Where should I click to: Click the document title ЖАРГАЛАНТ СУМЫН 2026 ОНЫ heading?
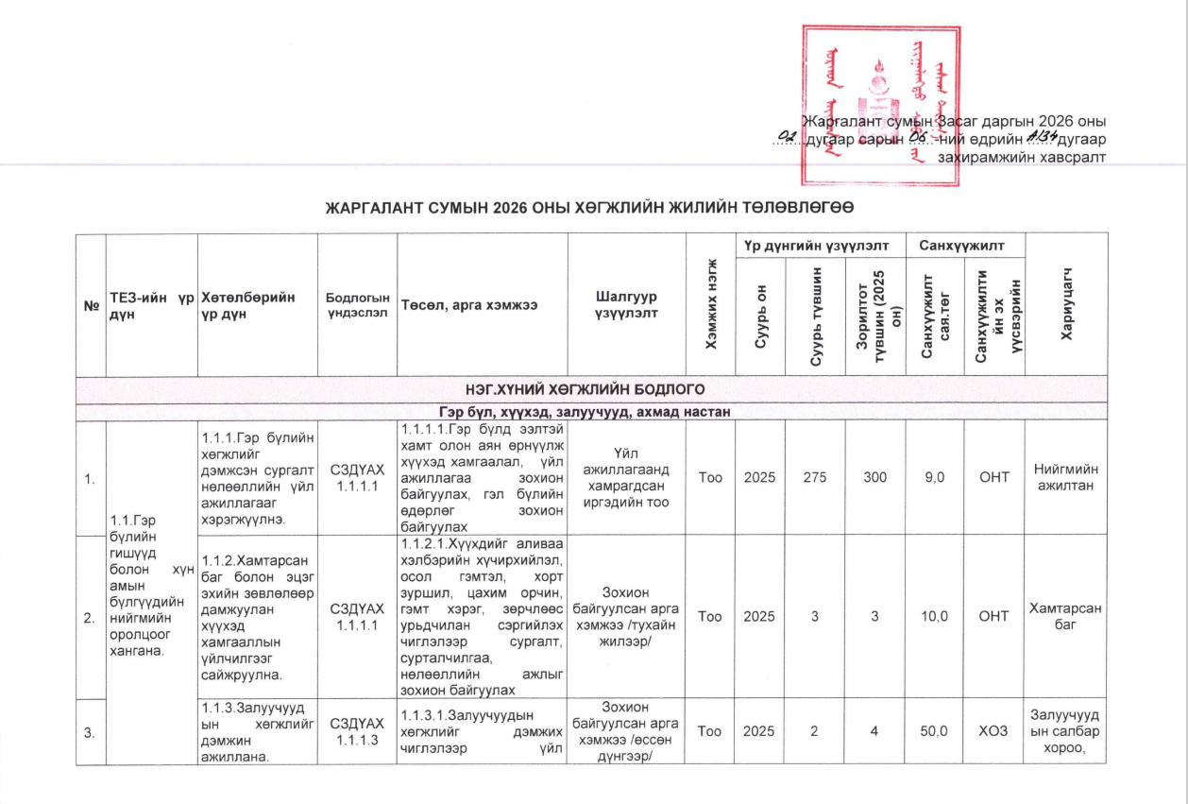coord(592,207)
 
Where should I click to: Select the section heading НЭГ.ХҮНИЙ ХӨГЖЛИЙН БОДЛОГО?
coord(593,387)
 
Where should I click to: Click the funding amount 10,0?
coord(934,616)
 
